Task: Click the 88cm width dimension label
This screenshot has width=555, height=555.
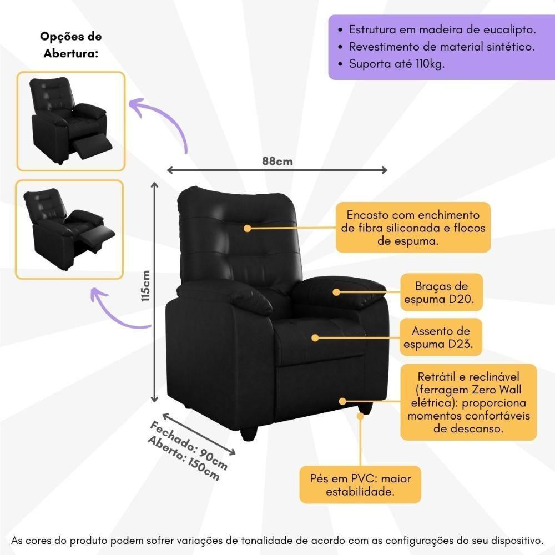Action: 277,162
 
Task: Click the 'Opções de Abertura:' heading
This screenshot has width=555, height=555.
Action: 70,45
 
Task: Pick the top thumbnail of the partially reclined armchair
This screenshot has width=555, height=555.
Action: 70,121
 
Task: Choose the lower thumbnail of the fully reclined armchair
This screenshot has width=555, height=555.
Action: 69,229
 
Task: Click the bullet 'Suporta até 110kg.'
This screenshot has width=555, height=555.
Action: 397,63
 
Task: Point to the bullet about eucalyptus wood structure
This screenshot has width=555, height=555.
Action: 442,29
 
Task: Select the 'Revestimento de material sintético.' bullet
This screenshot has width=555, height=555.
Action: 442,47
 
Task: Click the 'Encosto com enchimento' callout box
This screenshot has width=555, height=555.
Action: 413,228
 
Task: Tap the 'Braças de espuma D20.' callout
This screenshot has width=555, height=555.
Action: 441,294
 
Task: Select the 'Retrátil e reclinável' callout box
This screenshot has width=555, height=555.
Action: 468,402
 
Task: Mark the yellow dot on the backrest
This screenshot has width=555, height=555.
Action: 247,228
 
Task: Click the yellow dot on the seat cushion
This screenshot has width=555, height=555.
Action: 315,337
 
